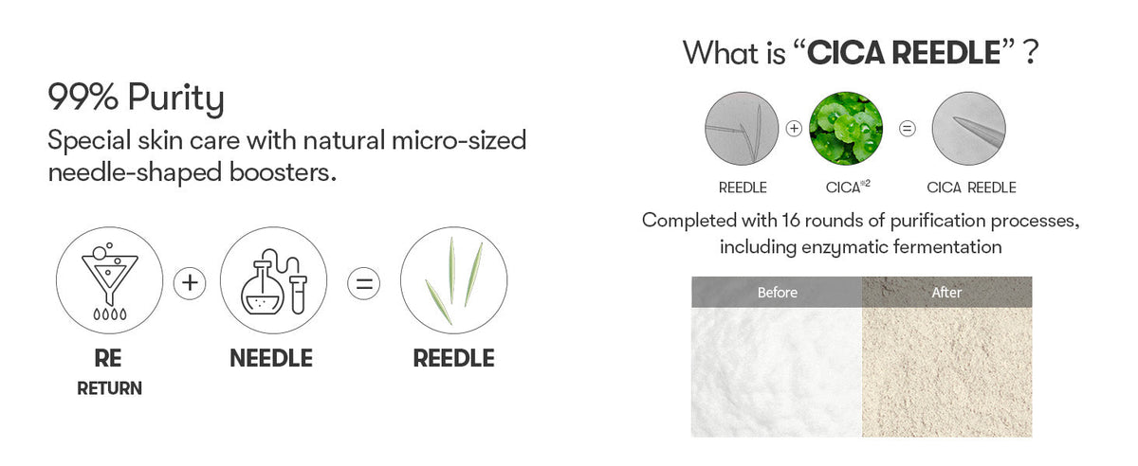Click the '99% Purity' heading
click(x=137, y=98)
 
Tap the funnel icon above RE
click(x=109, y=280)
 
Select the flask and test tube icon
click(x=273, y=280)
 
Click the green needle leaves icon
click(x=453, y=280)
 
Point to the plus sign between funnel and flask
click(x=190, y=283)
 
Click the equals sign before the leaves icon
click(x=364, y=283)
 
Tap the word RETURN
click(x=110, y=388)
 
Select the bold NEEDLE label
click(x=271, y=358)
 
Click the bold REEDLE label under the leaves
click(x=453, y=358)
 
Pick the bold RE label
click(x=108, y=358)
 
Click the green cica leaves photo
click(x=846, y=129)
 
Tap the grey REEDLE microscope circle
click(x=742, y=129)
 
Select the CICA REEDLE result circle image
click(x=969, y=129)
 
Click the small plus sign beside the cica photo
click(x=794, y=129)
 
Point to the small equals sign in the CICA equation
click(x=908, y=129)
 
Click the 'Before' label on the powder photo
click(x=778, y=293)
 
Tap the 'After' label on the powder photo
click(x=946, y=293)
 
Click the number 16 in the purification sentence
click(x=791, y=221)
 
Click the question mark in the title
click(x=1031, y=52)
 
